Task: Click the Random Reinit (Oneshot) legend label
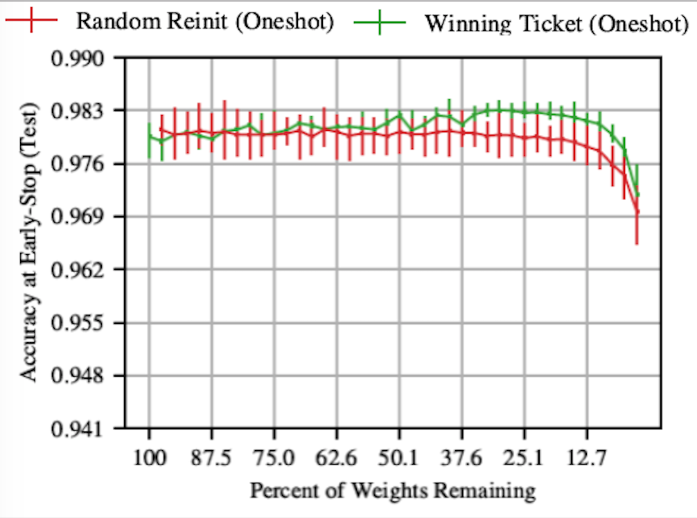click(205, 21)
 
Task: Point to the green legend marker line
click(380, 22)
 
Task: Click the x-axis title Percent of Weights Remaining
click(393, 491)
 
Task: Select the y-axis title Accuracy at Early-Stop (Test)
click(28, 242)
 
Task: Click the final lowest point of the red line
click(637, 211)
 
